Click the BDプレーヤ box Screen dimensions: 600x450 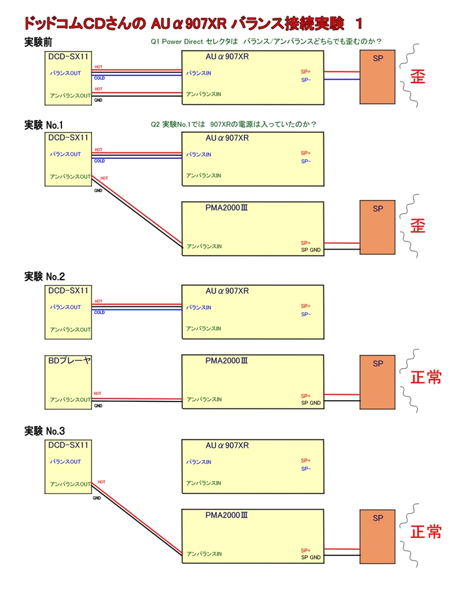(x=69, y=381)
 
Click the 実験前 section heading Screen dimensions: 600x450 (x=37, y=43)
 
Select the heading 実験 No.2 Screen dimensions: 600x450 (x=45, y=277)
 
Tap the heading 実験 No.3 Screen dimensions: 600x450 (x=45, y=431)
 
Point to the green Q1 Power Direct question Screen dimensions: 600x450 (x=266, y=42)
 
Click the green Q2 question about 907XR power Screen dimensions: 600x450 (x=233, y=124)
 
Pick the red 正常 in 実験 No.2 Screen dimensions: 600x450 (x=426, y=377)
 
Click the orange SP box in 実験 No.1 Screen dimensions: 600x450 (x=377, y=227)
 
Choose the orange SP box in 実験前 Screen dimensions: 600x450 (x=377, y=77)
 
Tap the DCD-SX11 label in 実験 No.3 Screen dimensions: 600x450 (x=68, y=445)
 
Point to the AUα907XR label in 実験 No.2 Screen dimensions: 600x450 (x=227, y=291)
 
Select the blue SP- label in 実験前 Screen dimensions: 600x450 (x=306, y=80)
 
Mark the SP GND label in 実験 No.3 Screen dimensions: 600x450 (x=311, y=557)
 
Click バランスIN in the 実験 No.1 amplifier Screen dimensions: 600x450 (x=199, y=155)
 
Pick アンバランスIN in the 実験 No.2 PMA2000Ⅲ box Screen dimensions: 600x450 (x=204, y=399)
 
